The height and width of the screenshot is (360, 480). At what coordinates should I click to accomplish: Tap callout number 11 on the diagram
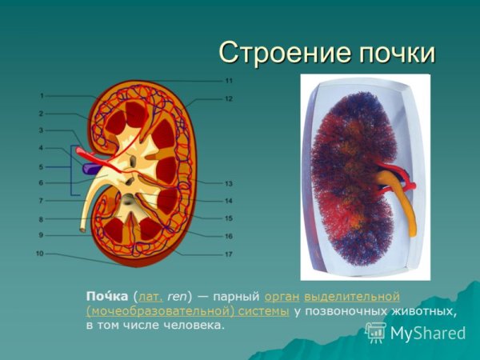click(229, 81)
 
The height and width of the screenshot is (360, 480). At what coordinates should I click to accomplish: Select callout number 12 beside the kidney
click(229, 99)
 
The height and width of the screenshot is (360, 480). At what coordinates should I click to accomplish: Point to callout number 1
click(41, 96)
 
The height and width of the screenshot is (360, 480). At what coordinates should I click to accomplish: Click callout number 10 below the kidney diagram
click(40, 254)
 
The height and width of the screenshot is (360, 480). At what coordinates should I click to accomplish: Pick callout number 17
click(229, 254)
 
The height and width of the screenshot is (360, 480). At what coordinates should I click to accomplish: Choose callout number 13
click(229, 184)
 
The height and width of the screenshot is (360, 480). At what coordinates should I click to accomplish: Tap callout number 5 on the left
click(41, 166)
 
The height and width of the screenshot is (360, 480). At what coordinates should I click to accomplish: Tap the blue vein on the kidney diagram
click(92, 168)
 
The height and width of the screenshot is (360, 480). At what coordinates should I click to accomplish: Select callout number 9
click(41, 235)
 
